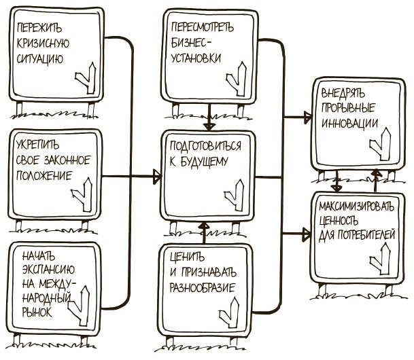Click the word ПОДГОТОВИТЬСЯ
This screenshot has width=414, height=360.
tap(207, 146)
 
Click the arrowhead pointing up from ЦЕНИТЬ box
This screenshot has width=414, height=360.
tap(202, 226)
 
